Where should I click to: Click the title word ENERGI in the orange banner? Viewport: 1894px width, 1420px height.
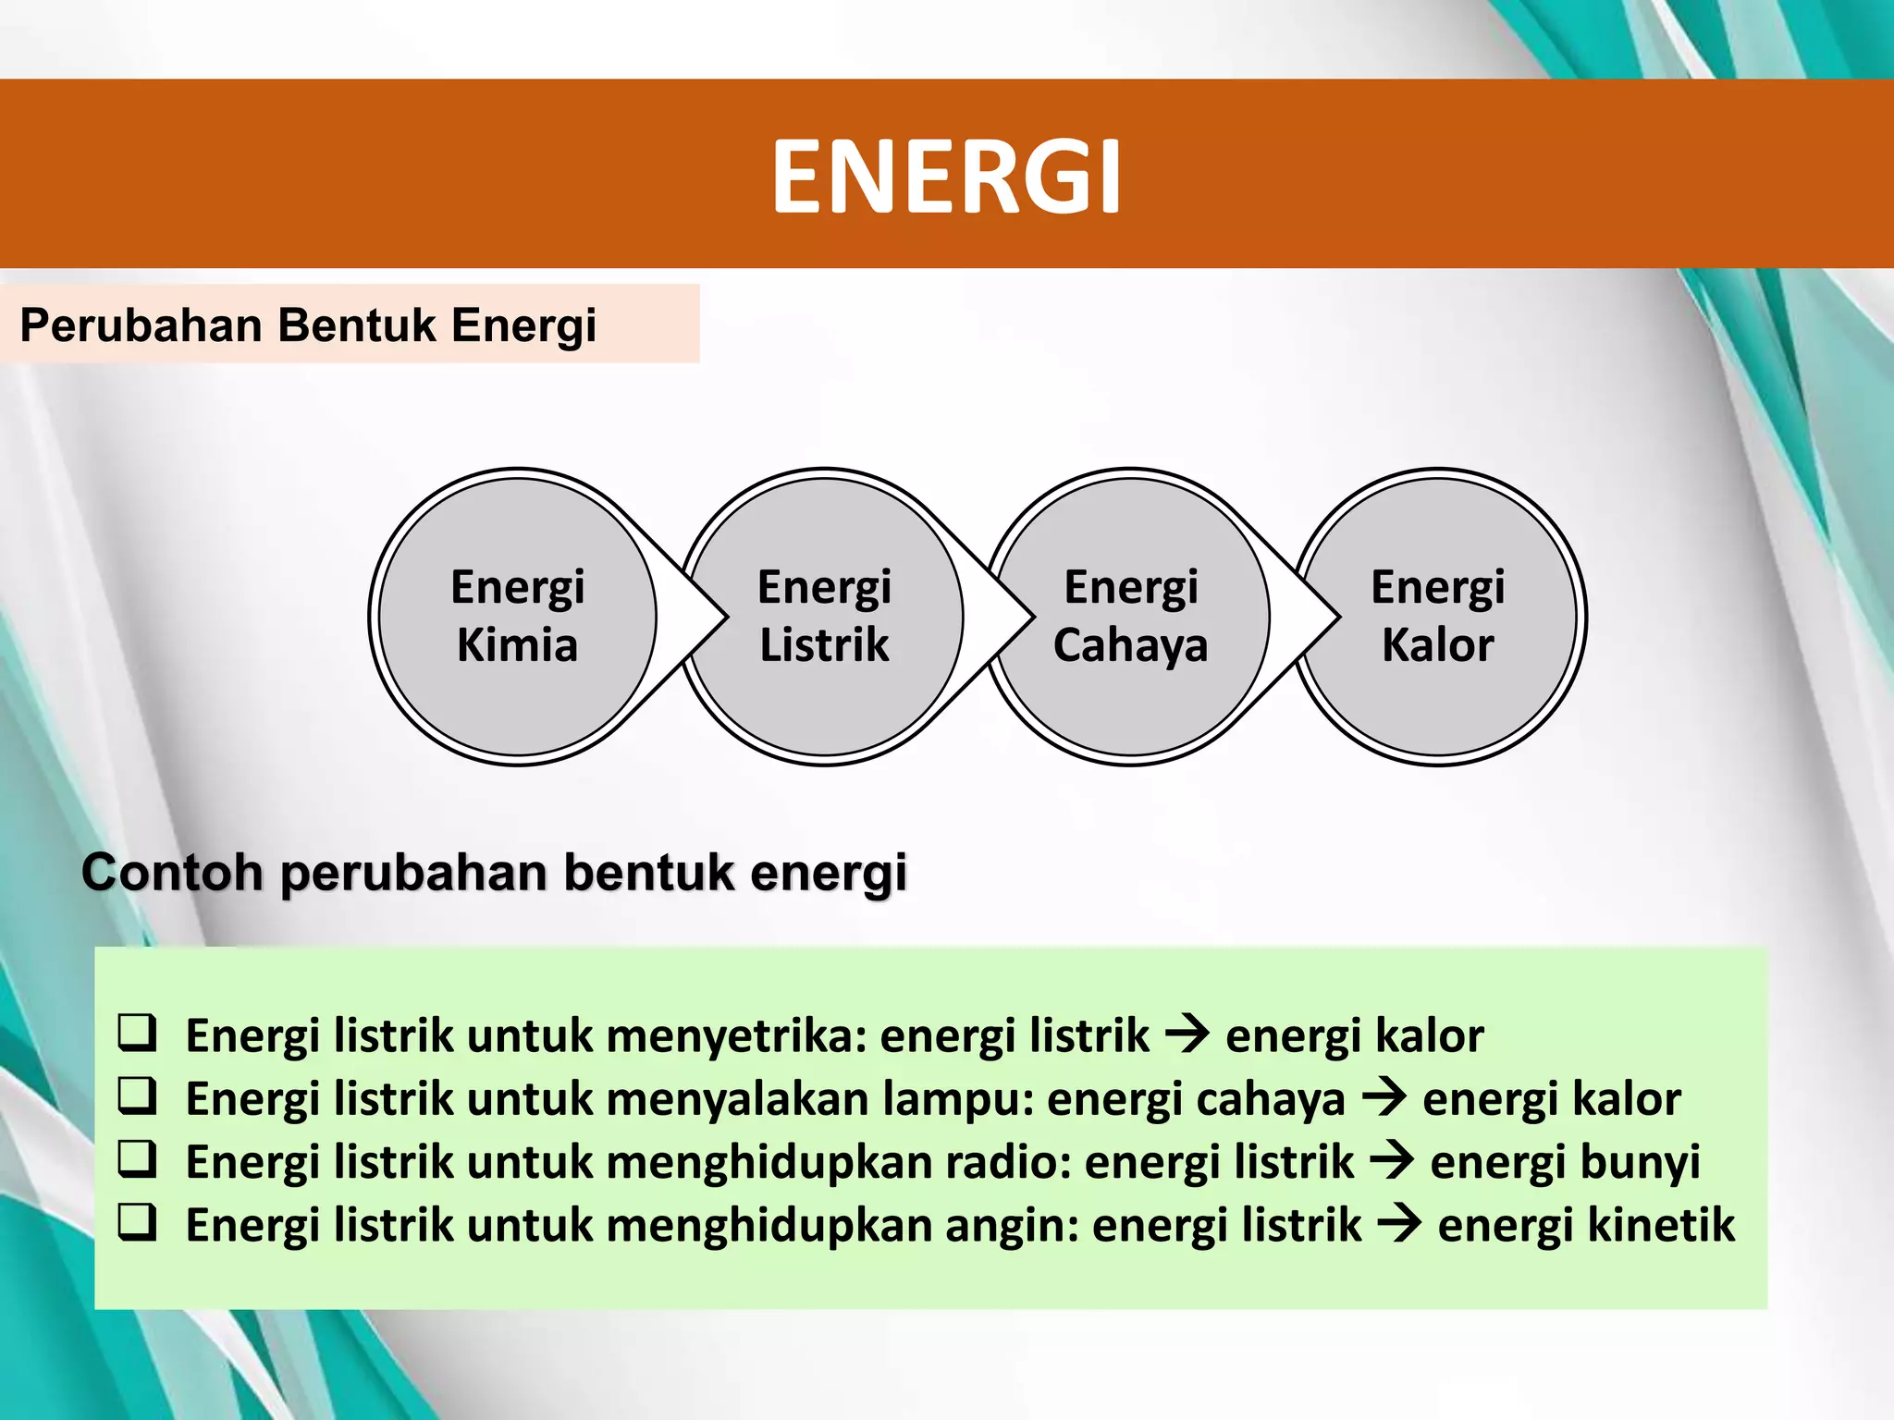click(946, 176)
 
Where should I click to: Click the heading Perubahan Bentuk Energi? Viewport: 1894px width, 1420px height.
click(308, 325)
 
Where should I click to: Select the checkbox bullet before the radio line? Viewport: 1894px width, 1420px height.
click(137, 1158)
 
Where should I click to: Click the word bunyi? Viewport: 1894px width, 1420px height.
click(1565, 1162)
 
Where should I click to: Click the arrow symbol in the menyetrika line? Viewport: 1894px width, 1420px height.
click(1187, 1034)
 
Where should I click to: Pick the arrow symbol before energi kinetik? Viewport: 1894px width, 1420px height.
click(1398, 1224)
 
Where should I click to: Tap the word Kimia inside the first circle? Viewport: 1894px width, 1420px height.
click(517, 644)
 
